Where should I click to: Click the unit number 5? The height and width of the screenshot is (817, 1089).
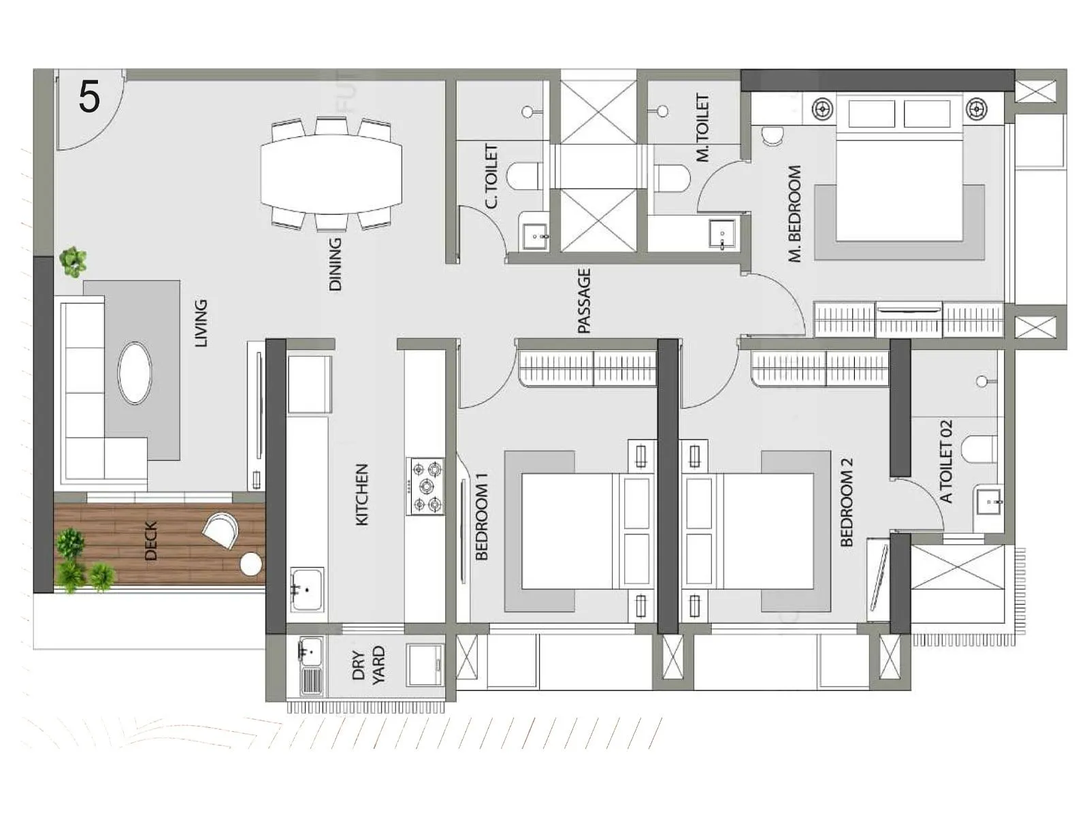point(89,97)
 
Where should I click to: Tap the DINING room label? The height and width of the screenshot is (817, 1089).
point(335,265)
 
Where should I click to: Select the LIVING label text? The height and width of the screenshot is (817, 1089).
point(201,323)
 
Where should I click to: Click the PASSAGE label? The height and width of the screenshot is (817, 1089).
point(584,302)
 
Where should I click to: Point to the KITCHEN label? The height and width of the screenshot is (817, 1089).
point(362,495)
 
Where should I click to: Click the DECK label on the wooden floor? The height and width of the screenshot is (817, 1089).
point(151,541)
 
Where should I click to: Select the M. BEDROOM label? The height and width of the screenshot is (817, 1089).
point(794,214)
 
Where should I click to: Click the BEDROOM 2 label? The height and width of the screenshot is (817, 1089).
point(847,502)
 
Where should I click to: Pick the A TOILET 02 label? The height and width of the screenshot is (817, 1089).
point(946,462)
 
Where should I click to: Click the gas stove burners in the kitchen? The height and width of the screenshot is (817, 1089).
point(426,486)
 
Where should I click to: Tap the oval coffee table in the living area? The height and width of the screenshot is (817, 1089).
point(135,373)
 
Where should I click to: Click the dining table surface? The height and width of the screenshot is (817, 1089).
point(331,174)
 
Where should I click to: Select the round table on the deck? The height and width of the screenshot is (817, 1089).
point(250,564)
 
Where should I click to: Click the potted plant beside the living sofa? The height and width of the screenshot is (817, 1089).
point(72,261)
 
